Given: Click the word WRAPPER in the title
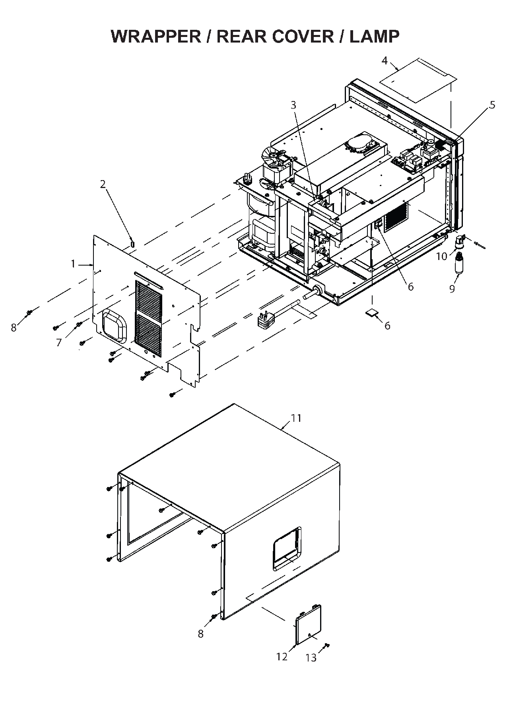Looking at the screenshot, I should (156, 37).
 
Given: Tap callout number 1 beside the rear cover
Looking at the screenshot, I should (73, 264).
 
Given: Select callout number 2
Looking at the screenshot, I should (103, 184).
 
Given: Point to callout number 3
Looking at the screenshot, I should (293, 105).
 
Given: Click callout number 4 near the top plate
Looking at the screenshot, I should (385, 60).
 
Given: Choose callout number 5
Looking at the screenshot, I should (492, 105).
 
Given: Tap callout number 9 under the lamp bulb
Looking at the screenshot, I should (452, 289).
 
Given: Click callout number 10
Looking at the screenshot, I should (441, 257).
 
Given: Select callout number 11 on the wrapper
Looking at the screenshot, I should (296, 418).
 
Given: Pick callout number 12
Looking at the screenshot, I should (282, 657).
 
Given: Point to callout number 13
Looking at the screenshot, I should (311, 658).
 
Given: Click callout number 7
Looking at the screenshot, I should (59, 342).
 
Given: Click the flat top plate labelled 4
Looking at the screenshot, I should (418, 80).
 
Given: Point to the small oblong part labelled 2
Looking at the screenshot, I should (133, 243).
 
